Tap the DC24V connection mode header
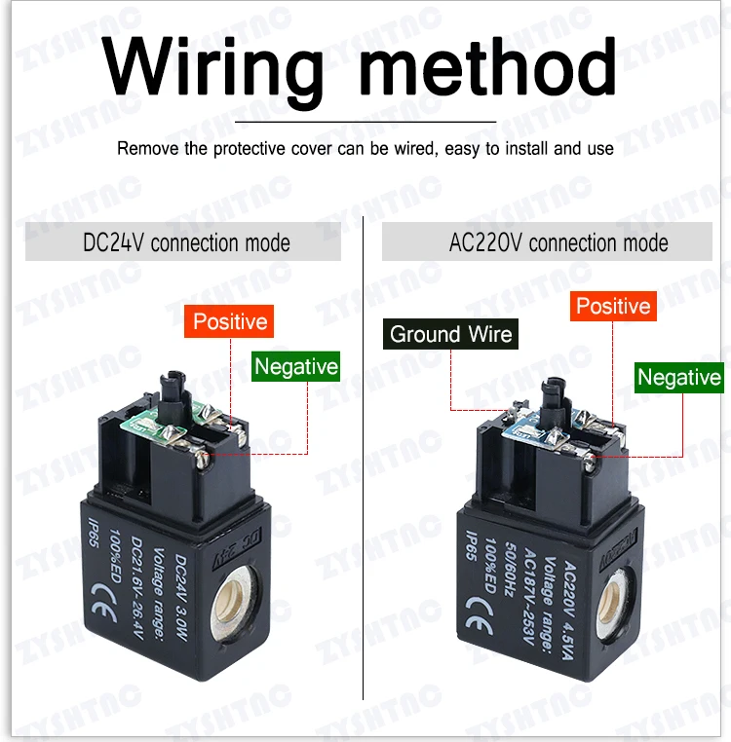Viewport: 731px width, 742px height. click(186, 242)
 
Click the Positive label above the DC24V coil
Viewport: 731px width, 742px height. click(229, 321)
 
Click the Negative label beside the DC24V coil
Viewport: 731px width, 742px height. click(295, 367)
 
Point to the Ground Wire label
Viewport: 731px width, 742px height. click(450, 335)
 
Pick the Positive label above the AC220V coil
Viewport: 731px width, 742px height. click(612, 307)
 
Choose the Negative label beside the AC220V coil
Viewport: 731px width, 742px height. click(678, 378)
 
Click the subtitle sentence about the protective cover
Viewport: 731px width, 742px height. click(365, 149)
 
